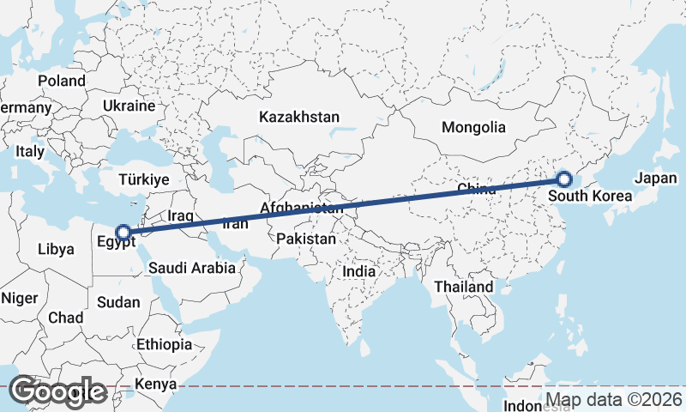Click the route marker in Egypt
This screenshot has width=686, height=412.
123,232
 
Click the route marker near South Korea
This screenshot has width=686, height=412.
563,179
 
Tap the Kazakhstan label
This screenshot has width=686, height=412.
300,117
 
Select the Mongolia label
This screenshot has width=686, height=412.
473,128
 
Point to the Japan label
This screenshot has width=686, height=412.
657,179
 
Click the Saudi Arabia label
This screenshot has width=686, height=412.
191,268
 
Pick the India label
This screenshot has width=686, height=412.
358,271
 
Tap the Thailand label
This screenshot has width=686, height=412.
464,286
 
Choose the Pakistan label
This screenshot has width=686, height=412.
306,239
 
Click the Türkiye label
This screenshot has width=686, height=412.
144,179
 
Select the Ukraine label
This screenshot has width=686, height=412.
129,106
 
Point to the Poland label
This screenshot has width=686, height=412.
62,81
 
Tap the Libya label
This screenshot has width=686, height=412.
56,250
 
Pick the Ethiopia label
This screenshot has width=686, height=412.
164,344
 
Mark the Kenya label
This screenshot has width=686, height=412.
156,384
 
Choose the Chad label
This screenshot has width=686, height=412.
66,318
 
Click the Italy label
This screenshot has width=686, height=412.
30,151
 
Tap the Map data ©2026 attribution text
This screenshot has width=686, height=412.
614,400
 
